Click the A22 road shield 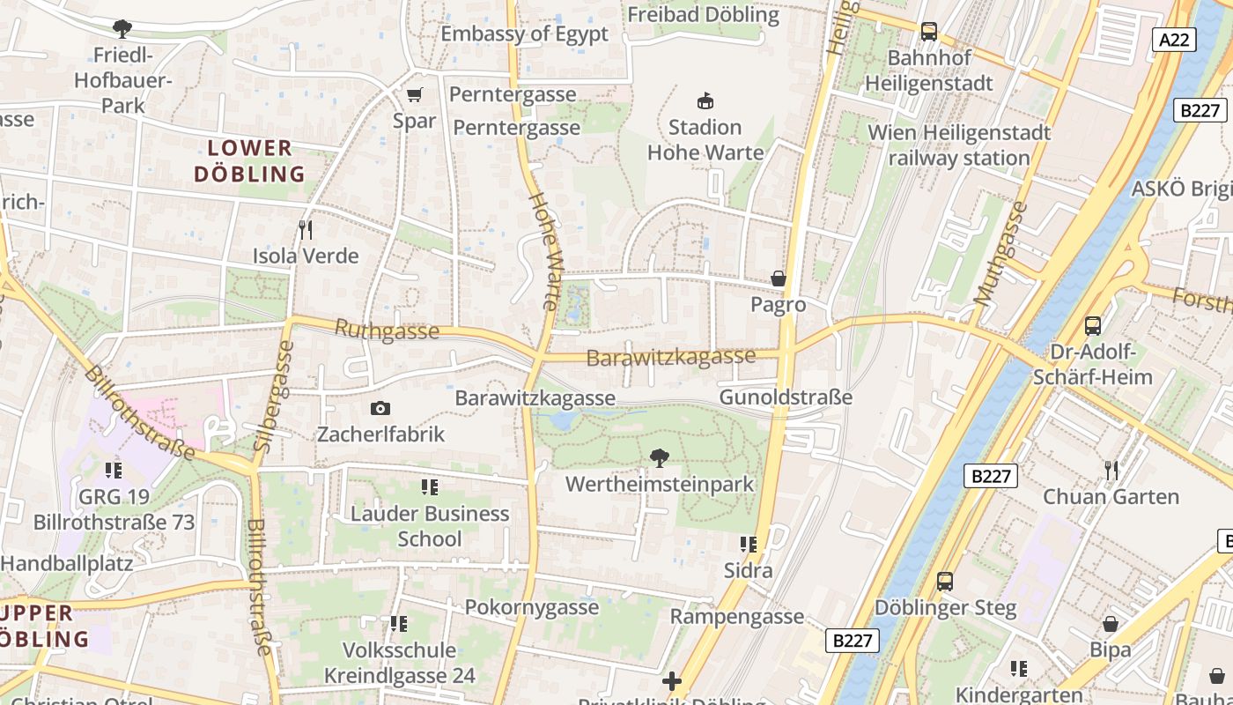(x=1174, y=39)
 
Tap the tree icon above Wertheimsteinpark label (x=658, y=458)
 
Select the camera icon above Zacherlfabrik (x=380, y=408)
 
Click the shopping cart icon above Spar (x=414, y=94)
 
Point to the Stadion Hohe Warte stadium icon (x=705, y=100)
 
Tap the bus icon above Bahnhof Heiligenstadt (x=928, y=32)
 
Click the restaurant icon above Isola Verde (x=306, y=230)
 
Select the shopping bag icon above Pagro (x=779, y=278)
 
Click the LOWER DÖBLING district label (x=249, y=161)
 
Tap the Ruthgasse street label (x=387, y=330)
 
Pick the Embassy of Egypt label (x=524, y=34)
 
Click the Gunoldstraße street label (x=786, y=397)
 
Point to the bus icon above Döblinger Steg (x=945, y=582)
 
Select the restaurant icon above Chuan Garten (x=1111, y=470)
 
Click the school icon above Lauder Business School (x=429, y=486)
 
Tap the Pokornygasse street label (x=532, y=607)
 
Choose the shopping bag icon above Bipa (x=1111, y=624)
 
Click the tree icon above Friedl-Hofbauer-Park (x=122, y=29)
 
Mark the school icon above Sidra (x=749, y=545)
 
